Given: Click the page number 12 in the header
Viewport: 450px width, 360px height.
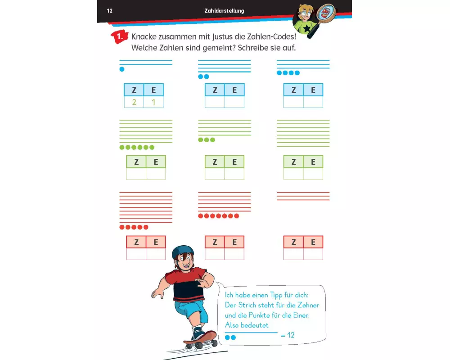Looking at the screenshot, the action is tap(110, 11).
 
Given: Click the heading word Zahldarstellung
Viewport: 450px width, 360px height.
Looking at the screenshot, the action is tap(224, 11).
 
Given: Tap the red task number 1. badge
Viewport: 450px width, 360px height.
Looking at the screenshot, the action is tap(119, 37).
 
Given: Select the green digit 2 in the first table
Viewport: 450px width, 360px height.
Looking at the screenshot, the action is tap(134, 102).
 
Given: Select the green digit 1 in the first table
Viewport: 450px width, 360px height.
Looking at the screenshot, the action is tap(153, 102).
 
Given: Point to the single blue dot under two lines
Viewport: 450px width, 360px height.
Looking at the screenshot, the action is tap(122, 69).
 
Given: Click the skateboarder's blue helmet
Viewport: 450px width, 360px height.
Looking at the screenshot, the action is tap(183, 252).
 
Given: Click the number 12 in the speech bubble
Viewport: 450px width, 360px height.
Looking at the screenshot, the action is tap(291, 335).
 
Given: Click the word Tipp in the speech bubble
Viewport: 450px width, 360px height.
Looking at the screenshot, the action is tap(276, 295).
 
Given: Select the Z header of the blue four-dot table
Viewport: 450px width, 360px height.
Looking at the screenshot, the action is tap(293, 90).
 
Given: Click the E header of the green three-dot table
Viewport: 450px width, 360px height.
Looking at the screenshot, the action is tap(234, 162).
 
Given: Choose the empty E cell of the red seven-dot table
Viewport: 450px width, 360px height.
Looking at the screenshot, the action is tap(234, 254).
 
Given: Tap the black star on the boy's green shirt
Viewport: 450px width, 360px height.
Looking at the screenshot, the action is tap(307, 28).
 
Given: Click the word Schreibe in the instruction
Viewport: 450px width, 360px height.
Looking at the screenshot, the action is tap(252, 48).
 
